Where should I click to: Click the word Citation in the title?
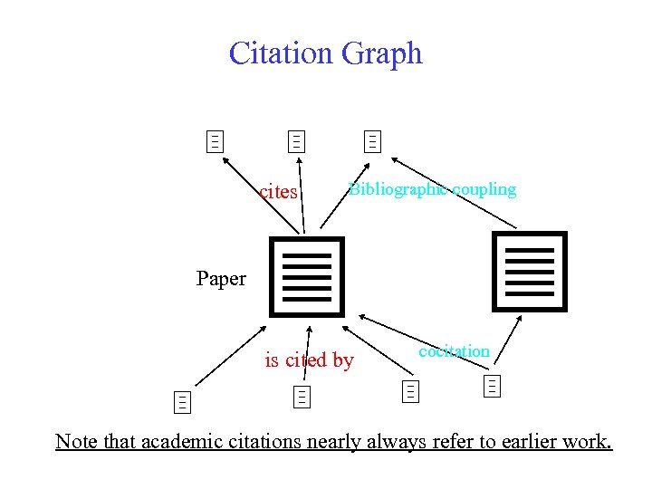(281, 53)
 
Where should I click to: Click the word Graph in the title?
(381, 53)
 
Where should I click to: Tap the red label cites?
(278, 192)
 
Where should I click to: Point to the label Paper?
(221, 279)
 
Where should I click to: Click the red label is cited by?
(309, 360)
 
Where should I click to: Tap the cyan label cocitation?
(455, 350)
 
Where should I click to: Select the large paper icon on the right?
(529, 271)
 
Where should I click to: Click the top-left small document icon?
(215, 141)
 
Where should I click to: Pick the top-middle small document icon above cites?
(296, 141)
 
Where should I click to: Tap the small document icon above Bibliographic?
(372, 141)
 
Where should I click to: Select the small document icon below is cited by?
(301, 396)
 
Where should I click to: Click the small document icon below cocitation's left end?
(410, 391)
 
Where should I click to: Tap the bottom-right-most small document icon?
(493, 386)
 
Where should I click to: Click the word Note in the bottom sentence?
(74, 441)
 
